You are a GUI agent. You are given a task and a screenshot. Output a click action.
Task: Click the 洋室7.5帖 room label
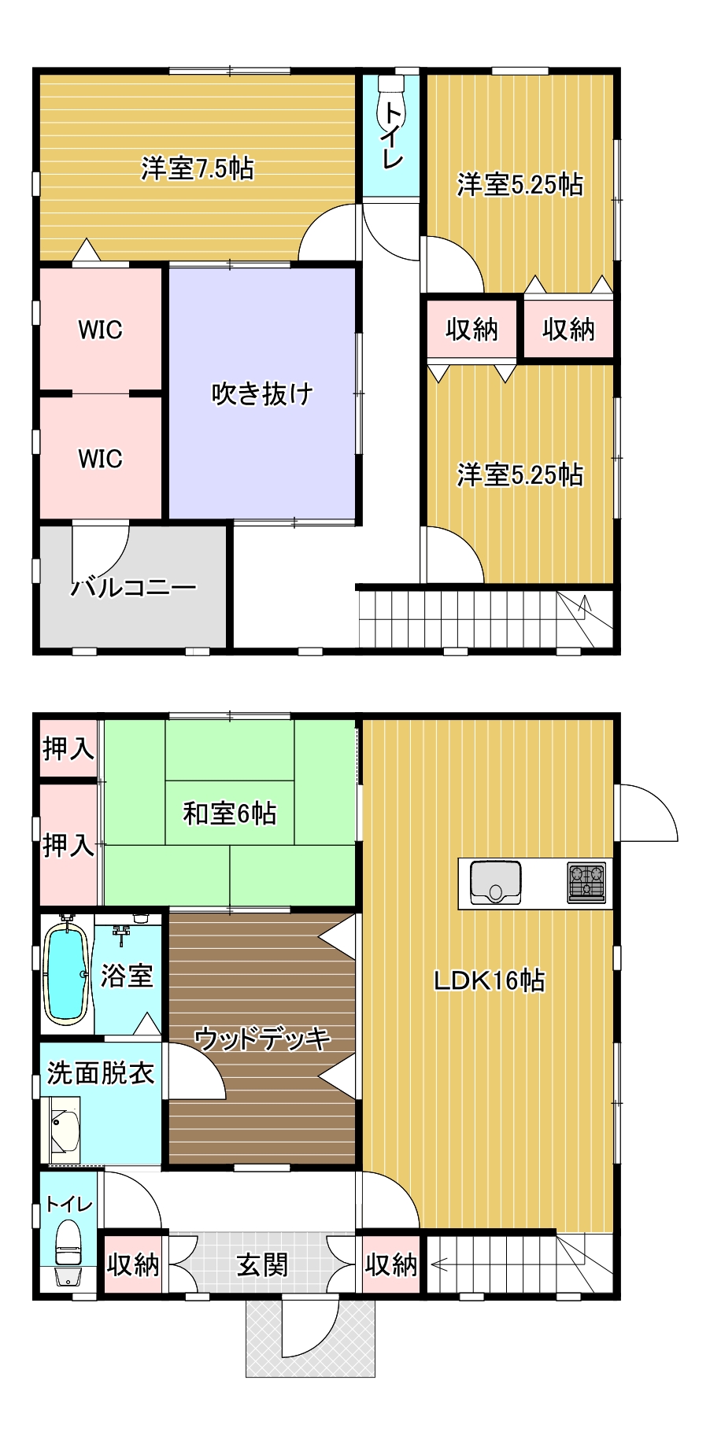197,168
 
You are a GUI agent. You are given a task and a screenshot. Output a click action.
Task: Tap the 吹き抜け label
262,393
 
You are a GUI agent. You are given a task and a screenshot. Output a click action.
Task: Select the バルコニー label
134,587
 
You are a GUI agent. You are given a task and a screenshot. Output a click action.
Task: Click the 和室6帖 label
230,813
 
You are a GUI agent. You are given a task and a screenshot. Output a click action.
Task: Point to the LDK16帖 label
489,980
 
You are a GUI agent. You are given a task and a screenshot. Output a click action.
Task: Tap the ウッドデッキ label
262,1039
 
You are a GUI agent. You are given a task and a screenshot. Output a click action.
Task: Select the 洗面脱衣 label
100,1072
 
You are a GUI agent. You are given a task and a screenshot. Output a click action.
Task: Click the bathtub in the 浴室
65,973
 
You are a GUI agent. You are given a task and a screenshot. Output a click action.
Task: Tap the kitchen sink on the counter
495,883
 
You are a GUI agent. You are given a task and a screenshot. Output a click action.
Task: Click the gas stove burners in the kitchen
587,881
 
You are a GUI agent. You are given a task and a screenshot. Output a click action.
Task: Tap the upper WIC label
100,329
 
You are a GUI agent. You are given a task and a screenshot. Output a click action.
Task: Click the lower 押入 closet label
68,846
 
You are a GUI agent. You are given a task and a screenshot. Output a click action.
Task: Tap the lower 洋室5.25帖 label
520,475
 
